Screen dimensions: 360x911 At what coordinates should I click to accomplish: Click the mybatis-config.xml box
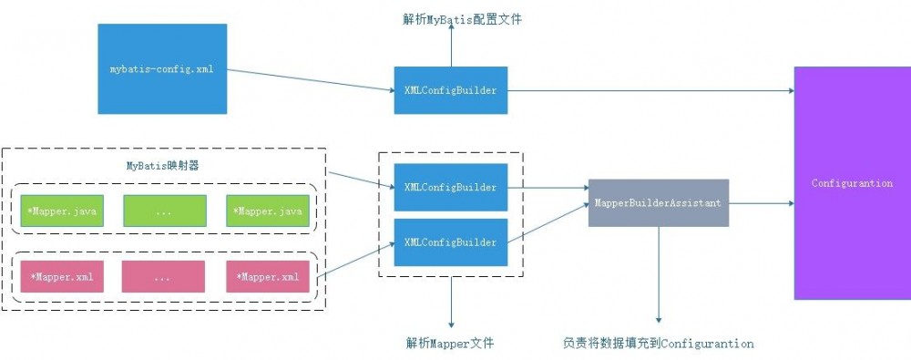161,69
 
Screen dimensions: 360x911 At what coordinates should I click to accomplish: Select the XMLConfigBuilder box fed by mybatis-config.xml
451,90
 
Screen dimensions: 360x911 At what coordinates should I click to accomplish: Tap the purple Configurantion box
852,183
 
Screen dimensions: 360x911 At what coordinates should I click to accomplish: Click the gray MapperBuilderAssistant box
658,203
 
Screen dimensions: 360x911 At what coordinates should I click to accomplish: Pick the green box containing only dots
164,211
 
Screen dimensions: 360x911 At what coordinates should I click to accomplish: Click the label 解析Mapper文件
451,344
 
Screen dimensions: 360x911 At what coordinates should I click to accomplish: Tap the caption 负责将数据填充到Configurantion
658,344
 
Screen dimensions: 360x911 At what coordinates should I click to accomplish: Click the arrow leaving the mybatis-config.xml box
310,80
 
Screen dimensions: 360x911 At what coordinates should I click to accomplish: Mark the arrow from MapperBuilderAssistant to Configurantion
761,203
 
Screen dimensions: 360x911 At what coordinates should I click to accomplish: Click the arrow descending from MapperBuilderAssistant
658,273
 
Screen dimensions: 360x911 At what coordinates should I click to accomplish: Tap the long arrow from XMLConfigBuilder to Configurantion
650,90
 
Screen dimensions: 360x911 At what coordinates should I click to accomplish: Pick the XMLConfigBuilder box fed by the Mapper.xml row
451,242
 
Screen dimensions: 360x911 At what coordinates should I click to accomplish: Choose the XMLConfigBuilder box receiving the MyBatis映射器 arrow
451,188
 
